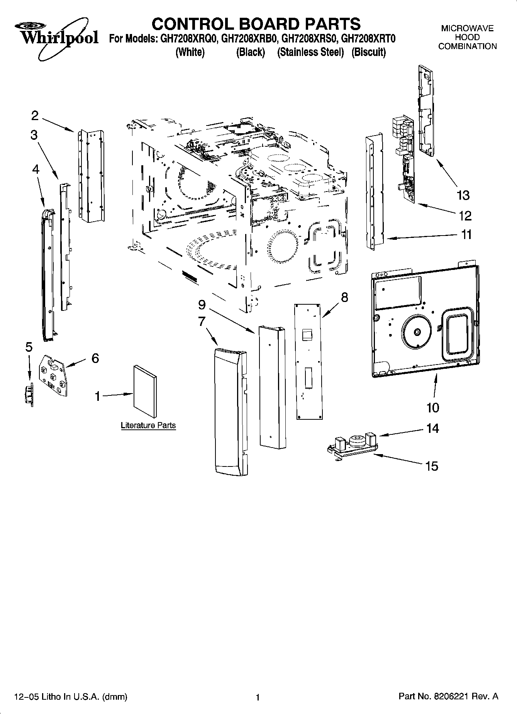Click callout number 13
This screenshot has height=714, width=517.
463,195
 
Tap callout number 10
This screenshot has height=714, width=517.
433,407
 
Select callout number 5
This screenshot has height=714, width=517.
29,347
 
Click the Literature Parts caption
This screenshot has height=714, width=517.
148,426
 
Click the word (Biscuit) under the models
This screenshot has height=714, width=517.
368,53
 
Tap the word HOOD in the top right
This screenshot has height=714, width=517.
467,37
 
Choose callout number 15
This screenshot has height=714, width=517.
432,466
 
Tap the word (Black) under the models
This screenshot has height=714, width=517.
251,53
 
